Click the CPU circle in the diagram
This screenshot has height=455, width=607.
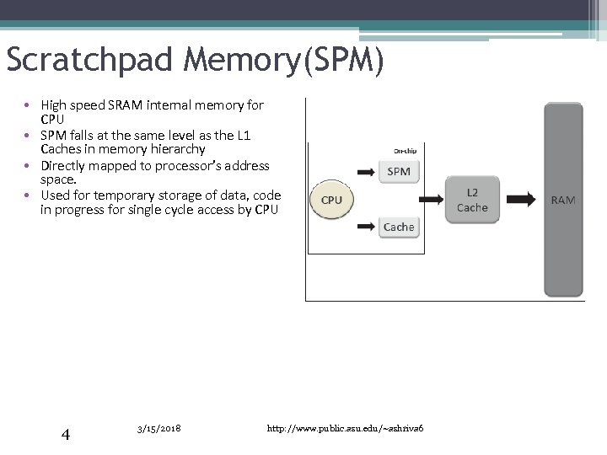332,200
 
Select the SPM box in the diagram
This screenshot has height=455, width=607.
399,172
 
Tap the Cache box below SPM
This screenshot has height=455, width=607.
399,227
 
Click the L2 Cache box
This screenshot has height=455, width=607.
472,200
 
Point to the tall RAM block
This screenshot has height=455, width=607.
563,200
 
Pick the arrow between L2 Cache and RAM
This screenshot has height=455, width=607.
519,200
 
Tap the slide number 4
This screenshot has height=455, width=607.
65,435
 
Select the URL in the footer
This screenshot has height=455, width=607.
345,429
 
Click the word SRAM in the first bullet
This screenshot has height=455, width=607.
125,105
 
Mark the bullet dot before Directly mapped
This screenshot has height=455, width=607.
28,166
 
